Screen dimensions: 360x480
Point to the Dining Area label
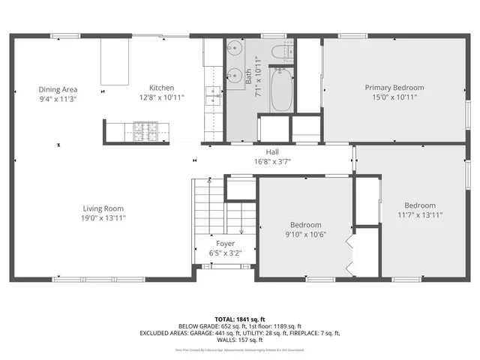pyautogui.click(x=58, y=89)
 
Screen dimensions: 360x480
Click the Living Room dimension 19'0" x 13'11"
pyautogui.click(x=103, y=217)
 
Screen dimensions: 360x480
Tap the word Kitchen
pyautogui.click(x=161, y=88)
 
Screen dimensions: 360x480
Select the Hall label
pyautogui.click(x=262, y=151)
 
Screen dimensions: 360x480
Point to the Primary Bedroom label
pyautogui.click(x=394, y=88)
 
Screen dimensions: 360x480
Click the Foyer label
pyautogui.click(x=225, y=244)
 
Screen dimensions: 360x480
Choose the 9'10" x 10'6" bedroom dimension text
pyautogui.click(x=305, y=233)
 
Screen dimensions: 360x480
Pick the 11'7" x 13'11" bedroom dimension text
pyautogui.click(x=420, y=214)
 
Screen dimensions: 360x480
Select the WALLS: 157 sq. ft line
pyautogui.click(x=240, y=340)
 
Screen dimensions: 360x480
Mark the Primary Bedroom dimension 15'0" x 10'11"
pyautogui.click(x=394, y=97)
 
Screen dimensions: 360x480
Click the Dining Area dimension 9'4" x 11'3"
pyautogui.click(x=58, y=98)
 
